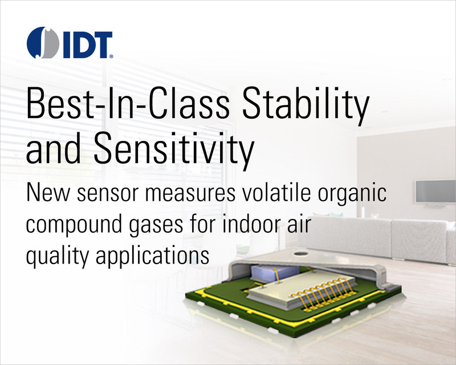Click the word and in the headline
tap(54, 148)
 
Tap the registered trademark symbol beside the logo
tap(112, 57)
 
